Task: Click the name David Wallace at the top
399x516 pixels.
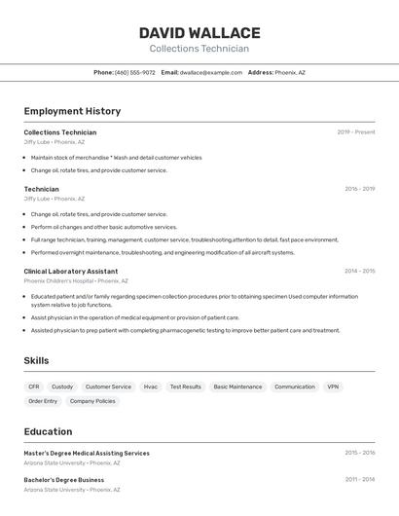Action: click(199, 33)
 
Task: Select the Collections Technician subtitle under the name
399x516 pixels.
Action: click(199, 49)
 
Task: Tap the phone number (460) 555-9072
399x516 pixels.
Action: click(134, 72)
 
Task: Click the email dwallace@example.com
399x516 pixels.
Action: click(210, 72)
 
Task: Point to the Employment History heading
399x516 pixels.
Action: click(72, 111)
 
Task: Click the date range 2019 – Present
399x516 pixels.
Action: click(355, 132)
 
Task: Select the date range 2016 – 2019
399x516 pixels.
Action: click(359, 189)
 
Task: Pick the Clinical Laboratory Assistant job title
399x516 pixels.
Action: click(71, 272)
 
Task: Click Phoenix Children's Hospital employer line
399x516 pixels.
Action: click(70, 280)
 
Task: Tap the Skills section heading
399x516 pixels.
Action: click(36, 361)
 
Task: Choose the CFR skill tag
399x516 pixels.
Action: click(34, 387)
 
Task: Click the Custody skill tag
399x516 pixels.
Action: click(62, 387)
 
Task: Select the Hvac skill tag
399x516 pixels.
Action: click(151, 387)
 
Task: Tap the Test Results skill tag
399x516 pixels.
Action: click(186, 387)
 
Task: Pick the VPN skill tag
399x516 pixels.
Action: click(333, 387)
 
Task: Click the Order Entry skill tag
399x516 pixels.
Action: click(43, 401)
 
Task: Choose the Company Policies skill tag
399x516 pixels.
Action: click(92, 401)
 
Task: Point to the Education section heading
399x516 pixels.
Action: click(48, 431)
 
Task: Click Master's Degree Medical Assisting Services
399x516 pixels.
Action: click(87, 453)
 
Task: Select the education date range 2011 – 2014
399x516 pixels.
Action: click(359, 479)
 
